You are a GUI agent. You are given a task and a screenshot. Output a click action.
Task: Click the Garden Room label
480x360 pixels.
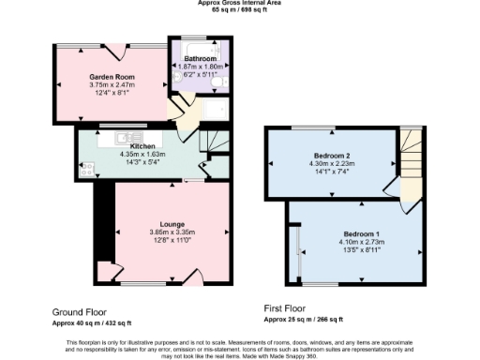tap(110, 76)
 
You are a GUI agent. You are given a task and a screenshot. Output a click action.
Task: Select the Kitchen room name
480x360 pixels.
tap(142, 146)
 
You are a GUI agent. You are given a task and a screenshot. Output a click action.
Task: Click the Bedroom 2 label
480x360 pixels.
tap(332, 155)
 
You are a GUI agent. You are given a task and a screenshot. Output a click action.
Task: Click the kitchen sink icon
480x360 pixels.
tap(125, 138)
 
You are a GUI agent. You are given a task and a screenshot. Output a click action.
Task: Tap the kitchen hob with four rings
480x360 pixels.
tap(86, 171)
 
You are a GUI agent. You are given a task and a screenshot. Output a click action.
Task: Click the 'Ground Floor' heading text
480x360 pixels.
tap(80, 311)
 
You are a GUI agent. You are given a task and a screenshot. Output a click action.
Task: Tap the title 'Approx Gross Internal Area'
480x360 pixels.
tap(240, 3)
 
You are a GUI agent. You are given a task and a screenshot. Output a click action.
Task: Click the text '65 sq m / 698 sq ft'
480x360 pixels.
tap(240, 9)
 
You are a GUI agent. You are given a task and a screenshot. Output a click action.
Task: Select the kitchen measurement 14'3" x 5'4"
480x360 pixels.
tap(142, 162)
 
